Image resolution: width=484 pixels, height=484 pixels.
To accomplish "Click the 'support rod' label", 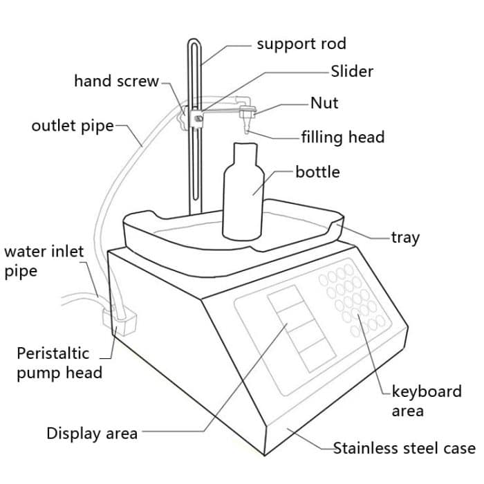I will point(301,44).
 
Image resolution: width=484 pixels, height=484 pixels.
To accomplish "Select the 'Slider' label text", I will point(352,71).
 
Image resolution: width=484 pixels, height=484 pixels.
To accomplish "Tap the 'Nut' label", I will point(324,103).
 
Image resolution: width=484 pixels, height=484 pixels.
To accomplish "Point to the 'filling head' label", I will point(342,137).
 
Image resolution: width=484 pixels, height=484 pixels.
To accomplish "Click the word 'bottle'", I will point(317,171).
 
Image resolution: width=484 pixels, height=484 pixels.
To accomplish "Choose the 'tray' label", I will point(405,237).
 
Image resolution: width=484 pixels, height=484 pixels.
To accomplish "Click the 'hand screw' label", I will point(117,81).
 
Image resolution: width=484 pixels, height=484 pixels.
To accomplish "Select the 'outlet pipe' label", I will point(72,127).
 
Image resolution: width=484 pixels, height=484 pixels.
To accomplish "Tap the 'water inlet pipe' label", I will point(43,261).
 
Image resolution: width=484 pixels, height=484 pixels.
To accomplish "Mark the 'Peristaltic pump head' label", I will point(59,362).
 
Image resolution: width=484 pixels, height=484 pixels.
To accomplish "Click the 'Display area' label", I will point(91,434).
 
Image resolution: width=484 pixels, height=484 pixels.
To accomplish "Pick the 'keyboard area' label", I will point(426,400).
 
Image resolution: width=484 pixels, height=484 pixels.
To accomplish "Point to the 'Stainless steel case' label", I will point(404,448).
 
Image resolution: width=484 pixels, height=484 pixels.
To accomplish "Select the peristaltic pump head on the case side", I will point(119,322).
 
